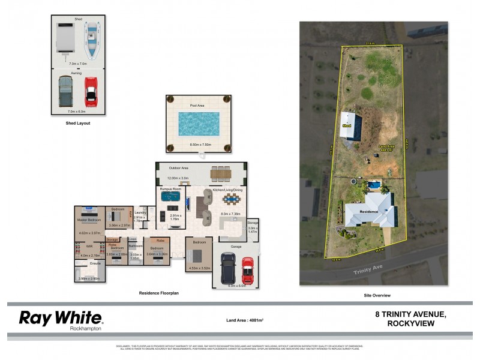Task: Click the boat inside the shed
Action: point(92,37)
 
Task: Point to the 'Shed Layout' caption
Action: point(78,123)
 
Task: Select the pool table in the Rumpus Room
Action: point(171,196)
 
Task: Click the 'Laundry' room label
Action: point(140,212)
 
